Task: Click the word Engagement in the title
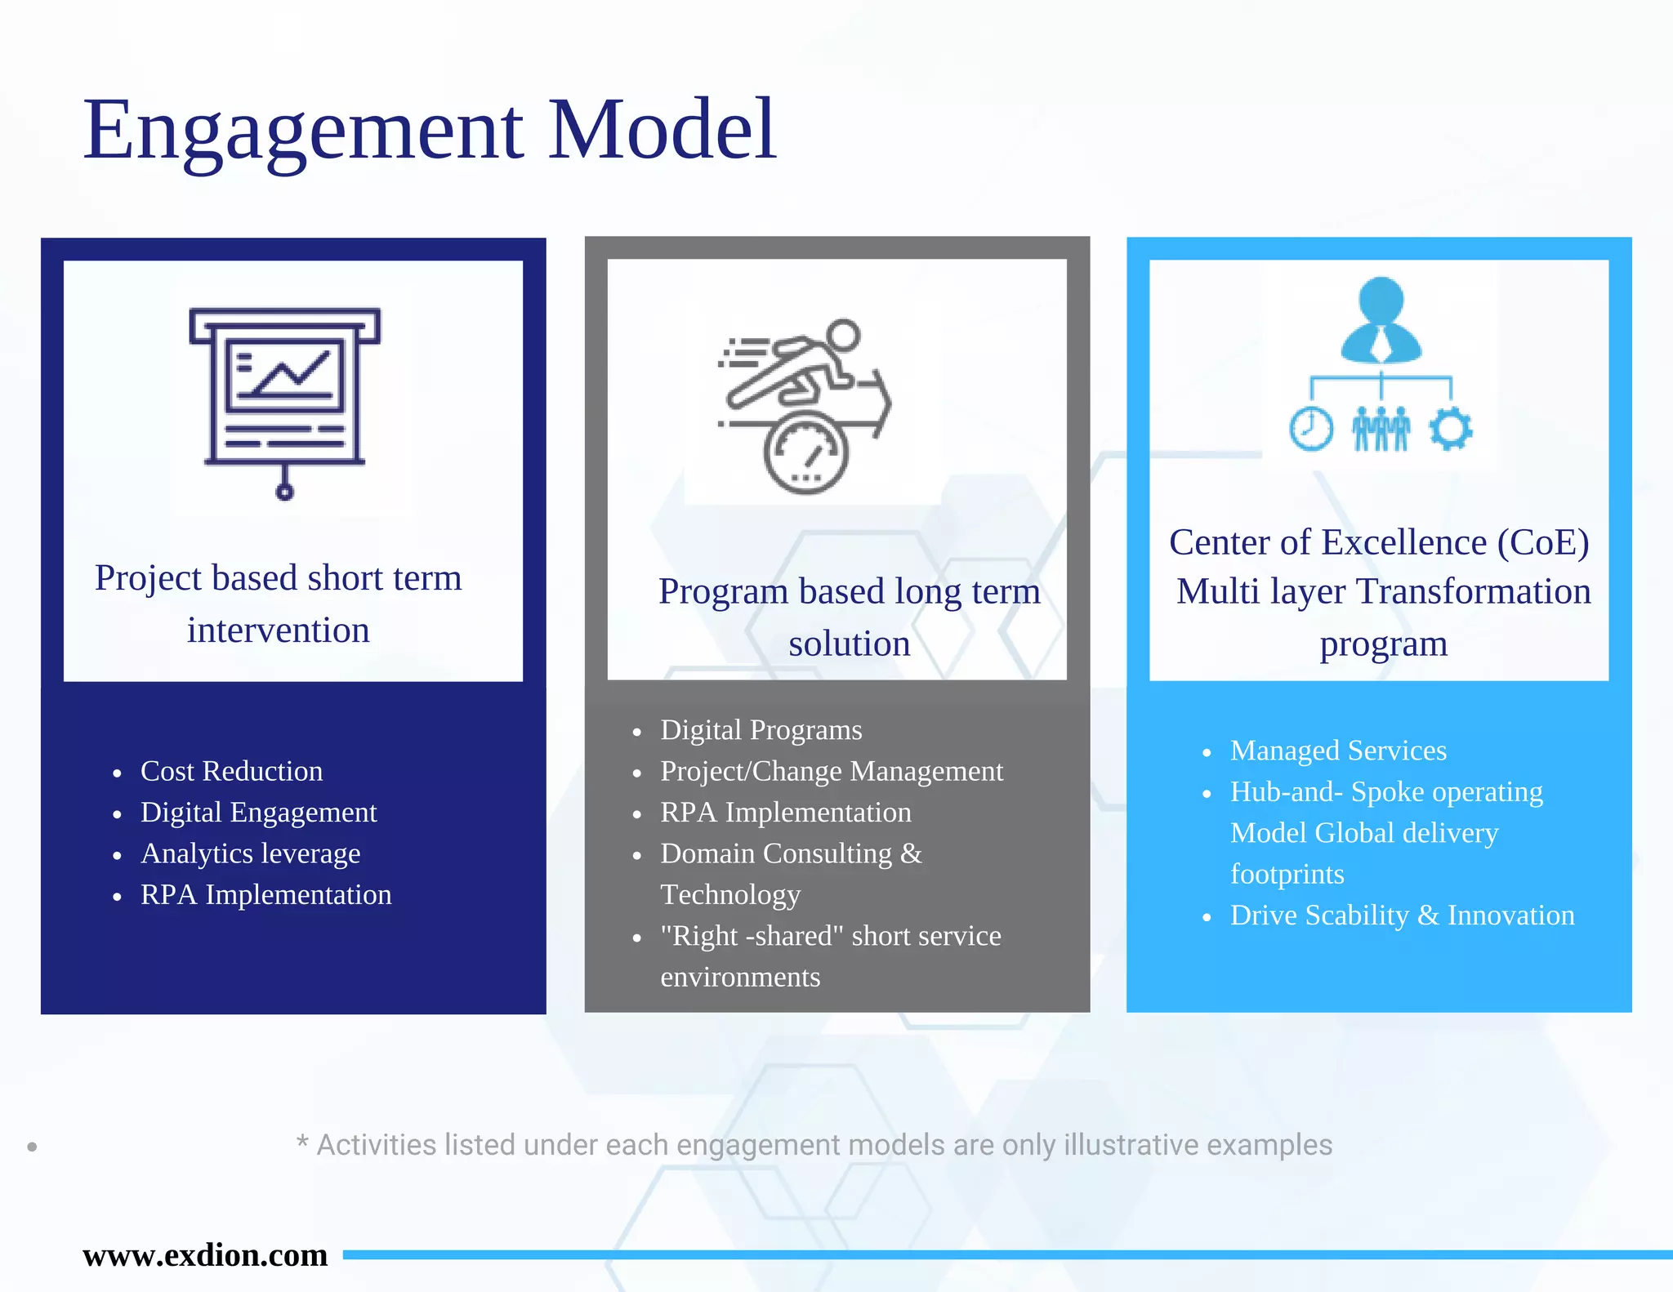point(302,131)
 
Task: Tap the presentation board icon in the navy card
point(284,400)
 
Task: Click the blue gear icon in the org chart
point(1451,429)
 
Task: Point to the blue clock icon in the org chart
point(1310,429)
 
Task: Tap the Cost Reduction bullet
point(231,771)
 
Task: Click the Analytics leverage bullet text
point(250,853)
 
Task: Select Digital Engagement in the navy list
point(258,813)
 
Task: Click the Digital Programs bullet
point(761,730)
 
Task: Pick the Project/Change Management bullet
point(831,771)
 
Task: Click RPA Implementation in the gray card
point(785,813)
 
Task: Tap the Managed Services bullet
point(1337,751)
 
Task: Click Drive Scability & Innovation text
point(1402,916)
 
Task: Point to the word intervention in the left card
point(278,630)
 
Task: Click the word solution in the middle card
point(849,644)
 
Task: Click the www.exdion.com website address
point(205,1255)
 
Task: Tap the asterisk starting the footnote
point(302,1142)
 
